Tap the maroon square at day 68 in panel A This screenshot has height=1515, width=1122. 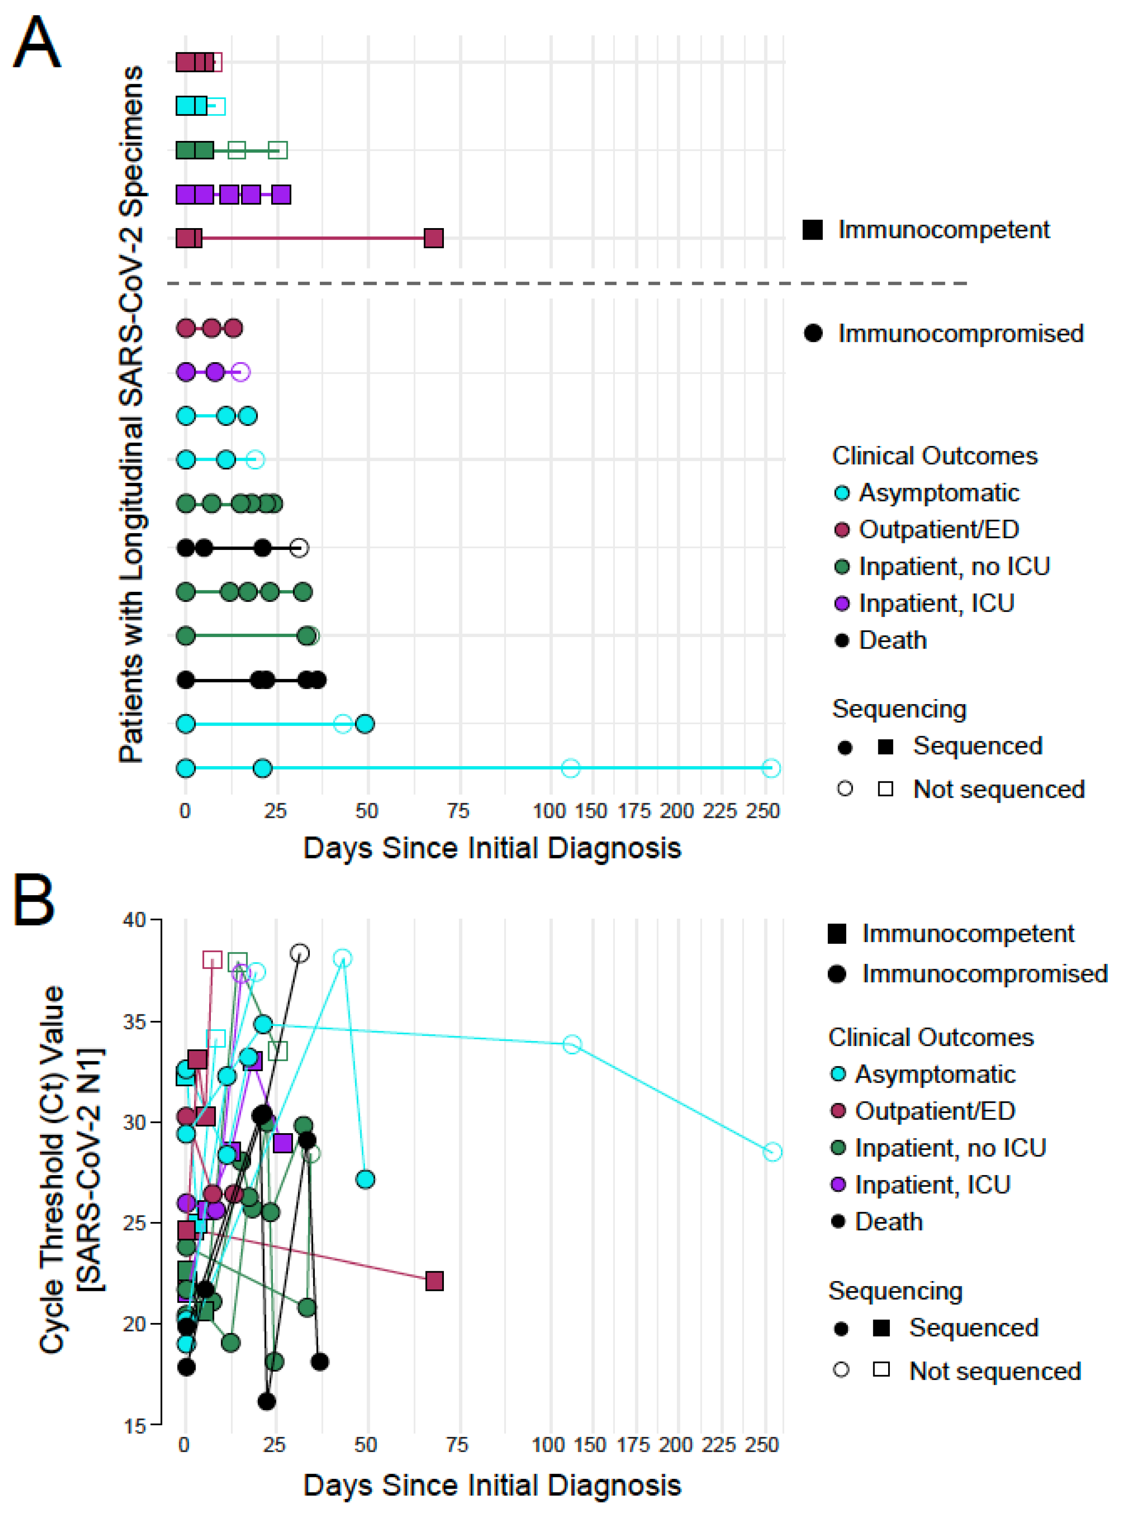click(x=433, y=238)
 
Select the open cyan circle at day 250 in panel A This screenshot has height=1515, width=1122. click(x=770, y=768)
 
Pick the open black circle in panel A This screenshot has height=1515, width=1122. click(x=299, y=547)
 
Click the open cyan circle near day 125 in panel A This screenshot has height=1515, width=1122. click(x=570, y=768)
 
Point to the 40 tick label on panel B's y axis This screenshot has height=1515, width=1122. click(x=134, y=920)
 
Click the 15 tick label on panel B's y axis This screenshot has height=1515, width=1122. click(x=134, y=1426)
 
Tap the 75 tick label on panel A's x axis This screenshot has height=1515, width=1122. click(x=458, y=811)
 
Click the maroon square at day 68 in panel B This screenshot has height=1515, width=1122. click(x=434, y=1281)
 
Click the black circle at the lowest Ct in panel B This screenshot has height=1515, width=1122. click(x=267, y=1401)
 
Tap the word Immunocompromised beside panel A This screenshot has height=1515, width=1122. click(x=960, y=333)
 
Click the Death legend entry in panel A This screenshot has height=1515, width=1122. click(x=892, y=640)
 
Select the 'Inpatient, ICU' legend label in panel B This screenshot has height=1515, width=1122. click(x=932, y=1185)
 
